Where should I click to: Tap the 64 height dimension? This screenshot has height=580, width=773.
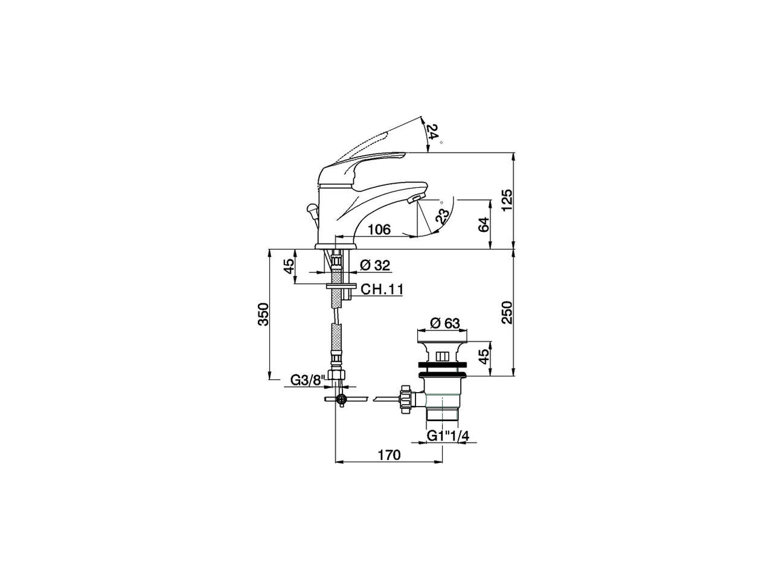(483, 224)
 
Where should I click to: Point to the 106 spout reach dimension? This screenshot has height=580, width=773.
(379, 230)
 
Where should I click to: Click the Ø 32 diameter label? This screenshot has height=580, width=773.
(375, 265)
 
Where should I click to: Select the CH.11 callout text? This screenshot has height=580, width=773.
(382, 290)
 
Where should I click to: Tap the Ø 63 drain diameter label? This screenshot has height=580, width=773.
(444, 324)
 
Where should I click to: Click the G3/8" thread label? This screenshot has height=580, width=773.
(307, 380)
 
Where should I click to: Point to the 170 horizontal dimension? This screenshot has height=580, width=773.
(390, 455)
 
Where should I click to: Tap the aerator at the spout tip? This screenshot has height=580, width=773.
(416, 198)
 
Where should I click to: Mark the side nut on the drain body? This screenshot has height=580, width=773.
(406, 399)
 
